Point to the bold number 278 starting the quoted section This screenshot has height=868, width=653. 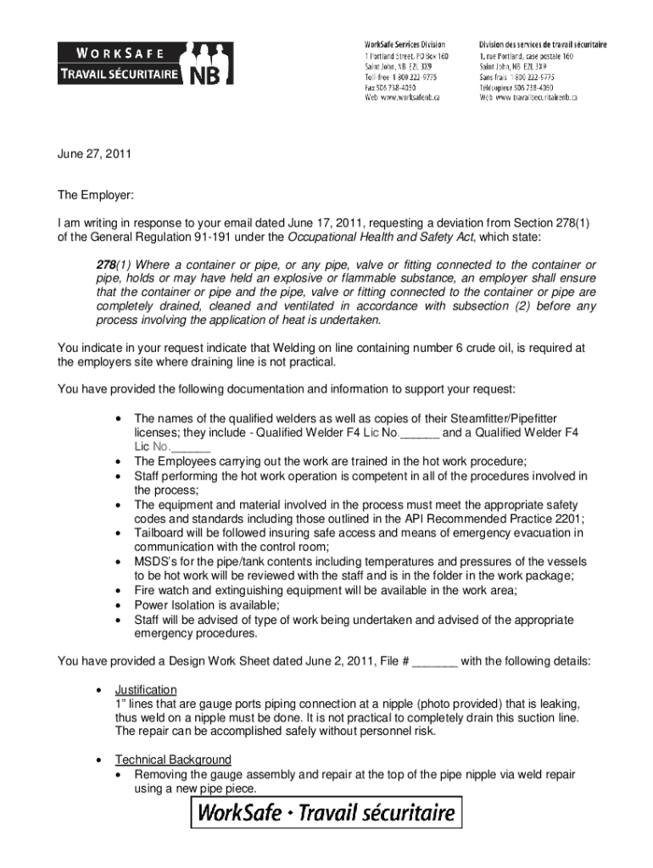[x=106, y=264]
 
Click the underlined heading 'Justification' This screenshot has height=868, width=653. [x=146, y=690]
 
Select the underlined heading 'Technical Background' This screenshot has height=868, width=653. [x=173, y=759]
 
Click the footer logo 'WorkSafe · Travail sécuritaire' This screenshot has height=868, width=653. [x=326, y=815]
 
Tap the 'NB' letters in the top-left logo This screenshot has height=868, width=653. [x=209, y=75]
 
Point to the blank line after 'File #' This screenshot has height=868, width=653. [x=434, y=661]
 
